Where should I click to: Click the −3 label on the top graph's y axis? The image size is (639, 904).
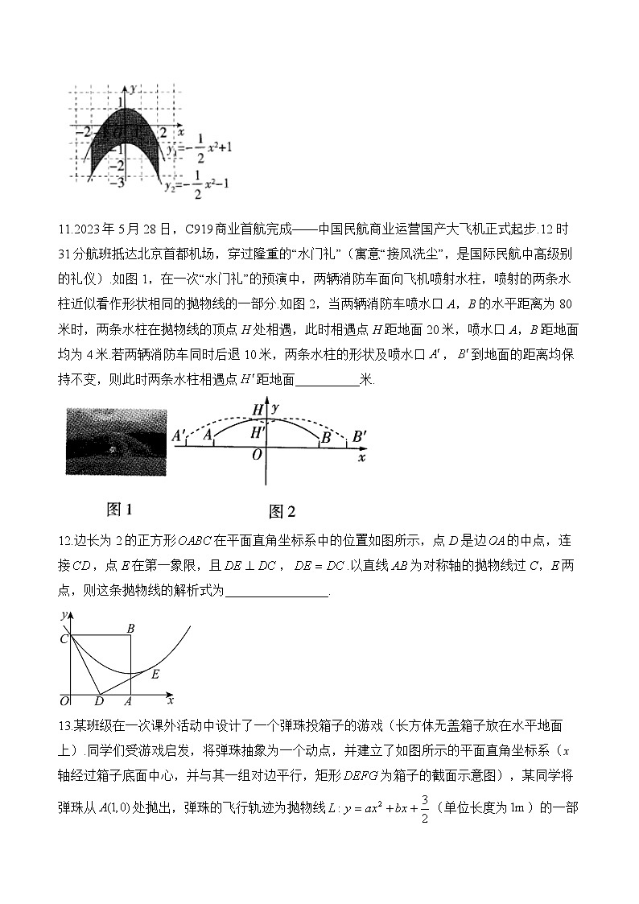pyautogui.click(x=117, y=184)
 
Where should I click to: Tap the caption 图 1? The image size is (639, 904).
pyautogui.click(x=118, y=509)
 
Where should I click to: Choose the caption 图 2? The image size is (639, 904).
pyautogui.click(x=282, y=511)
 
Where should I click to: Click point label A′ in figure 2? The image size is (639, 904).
pyautogui.click(x=179, y=435)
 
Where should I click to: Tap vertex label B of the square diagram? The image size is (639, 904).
pyautogui.click(x=130, y=628)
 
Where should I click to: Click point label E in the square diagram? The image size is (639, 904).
pyautogui.click(x=155, y=673)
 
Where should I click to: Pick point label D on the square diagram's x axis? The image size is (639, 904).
pyautogui.click(x=99, y=700)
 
